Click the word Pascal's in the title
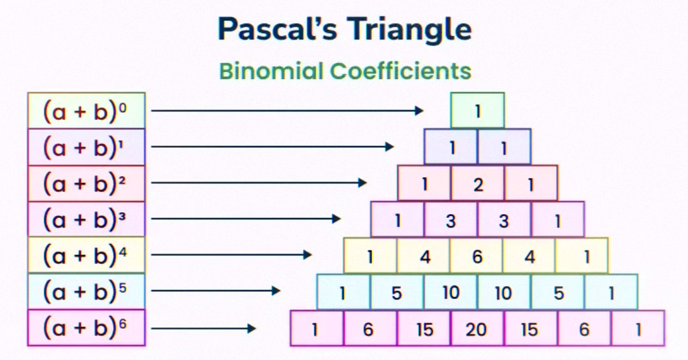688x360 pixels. point(277,29)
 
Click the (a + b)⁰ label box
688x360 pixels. point(87,110)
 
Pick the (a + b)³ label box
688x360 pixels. point(87,219)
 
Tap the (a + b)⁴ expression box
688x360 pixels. point(87,255)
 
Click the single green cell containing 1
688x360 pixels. point(477,110)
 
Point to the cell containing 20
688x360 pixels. point(477,328)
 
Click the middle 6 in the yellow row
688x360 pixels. point(477,256)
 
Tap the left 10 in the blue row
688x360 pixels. point(450,292)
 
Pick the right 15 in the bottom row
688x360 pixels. point(531,328)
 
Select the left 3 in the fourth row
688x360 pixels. point(450,219)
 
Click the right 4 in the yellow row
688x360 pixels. point(529,256)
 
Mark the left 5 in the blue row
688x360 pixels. point(397,292)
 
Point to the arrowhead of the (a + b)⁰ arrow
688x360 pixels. point(419,111)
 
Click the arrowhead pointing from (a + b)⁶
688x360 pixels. point(252,328)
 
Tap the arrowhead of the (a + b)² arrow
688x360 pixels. point(362,183)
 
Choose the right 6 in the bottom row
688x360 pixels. point(584,328)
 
